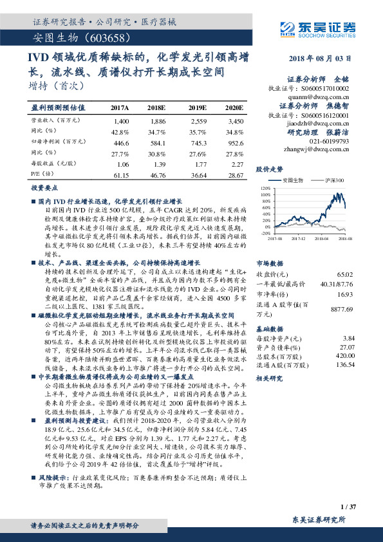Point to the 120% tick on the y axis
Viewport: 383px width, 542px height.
[265, 189]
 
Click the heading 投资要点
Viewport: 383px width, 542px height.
[44, 188]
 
